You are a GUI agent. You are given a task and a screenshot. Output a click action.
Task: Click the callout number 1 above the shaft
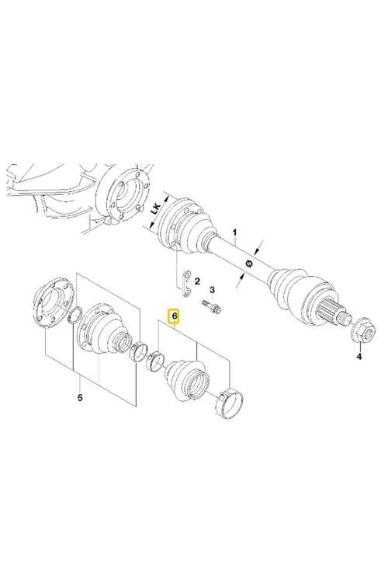(234, 232)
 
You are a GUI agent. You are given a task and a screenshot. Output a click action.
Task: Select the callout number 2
(197, 281)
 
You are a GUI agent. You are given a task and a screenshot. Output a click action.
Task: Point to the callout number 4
(359, 357)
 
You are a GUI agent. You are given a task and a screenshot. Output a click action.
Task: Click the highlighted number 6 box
(175, 317)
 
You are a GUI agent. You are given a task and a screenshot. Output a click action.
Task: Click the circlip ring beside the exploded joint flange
(77, 316)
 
